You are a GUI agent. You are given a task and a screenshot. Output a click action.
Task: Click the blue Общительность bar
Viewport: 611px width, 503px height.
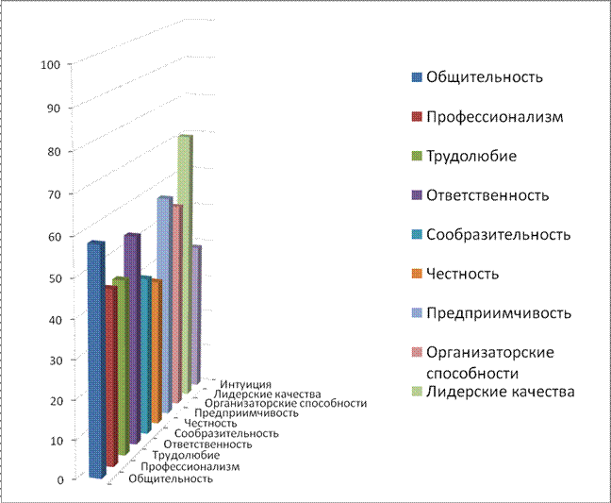pyautogui.click(x=95, y=359)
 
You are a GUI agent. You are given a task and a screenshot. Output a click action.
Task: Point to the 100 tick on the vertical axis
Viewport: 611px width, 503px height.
pyautogui.click(x=51, y=64)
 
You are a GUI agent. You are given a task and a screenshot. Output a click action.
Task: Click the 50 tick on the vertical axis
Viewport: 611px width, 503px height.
pyautogui.click(x=51, y=277)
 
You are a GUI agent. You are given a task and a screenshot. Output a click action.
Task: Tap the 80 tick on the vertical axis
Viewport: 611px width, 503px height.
pyautogui.click(x=51, y=151)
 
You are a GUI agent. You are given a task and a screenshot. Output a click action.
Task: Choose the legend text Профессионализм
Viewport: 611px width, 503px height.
pyautogui.click(x=494, y=117)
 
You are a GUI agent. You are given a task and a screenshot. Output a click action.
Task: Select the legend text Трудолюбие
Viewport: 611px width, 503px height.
pyautogui.click(x=471, y=156)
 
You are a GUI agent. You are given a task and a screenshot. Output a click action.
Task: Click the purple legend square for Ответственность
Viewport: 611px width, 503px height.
pyautogui.click(x=415, y=195)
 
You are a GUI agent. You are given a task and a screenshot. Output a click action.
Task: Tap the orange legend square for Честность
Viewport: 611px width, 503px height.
pyautogui.click(x=415, y=274)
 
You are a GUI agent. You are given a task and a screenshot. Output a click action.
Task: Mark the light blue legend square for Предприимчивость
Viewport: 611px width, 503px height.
pyautogui.click(x=415, y=313)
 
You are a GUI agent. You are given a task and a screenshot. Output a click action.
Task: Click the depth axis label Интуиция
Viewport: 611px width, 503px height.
pyautogui.click(x=246, y=384)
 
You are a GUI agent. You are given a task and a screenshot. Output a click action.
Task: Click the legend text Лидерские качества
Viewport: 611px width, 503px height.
pyautogui.click(x=500, y=391)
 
